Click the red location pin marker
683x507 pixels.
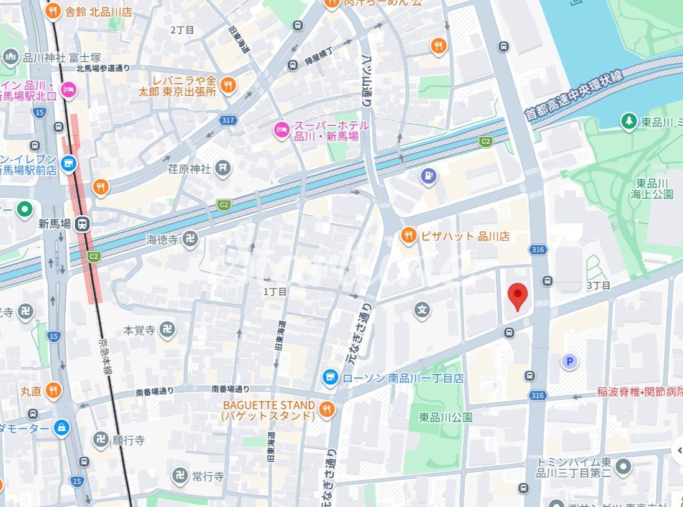point(517,295)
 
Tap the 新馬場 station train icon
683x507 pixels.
point(81,224)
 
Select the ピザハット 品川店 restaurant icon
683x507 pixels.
point(408,236)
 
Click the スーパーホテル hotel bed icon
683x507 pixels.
point(282,131)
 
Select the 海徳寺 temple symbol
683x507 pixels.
point(191,238)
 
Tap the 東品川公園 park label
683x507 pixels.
point(446,417)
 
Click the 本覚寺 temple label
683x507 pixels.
point(139,330)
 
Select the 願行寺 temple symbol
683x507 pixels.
point(101,440)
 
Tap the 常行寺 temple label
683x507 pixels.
point(208,477)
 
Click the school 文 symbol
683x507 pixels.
point(423,309)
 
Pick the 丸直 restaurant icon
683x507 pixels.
point(53,391)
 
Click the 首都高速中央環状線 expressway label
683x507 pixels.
point(574,94)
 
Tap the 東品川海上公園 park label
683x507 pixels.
point(654,188)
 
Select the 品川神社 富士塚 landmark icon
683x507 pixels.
point(11,58)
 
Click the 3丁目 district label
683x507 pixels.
point(598,286)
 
